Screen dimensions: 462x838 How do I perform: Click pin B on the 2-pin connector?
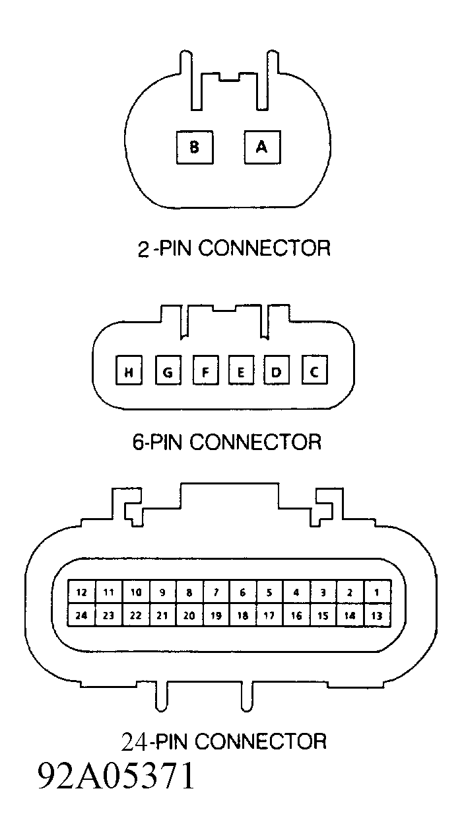pyautogui.click(x=195, y=147)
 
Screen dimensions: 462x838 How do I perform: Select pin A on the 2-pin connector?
pyautogui.click(x=262, y=147)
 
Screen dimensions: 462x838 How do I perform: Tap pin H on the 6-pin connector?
pyautogui.click(x=129, y=370)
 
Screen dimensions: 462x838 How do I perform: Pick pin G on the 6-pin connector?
pyautogui.click(x=168, y=370)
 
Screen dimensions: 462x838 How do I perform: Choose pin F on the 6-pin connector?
pyautogui.click(x=206, y=370)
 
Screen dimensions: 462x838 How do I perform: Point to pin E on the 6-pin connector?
pyautogui.click(x=241, y=370)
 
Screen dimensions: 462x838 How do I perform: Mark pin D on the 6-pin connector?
pyautogui.click(x=277, y=370)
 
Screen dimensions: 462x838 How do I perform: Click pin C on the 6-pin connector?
pyautogui.click(x=314, y=370)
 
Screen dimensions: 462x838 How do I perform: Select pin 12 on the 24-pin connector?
pyautogui.click(x=81, y=591)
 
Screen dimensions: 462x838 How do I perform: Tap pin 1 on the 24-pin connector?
pyautogui.click(x=378, y=591)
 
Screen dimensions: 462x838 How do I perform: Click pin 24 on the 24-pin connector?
pyautogui.click(x=81, y=615)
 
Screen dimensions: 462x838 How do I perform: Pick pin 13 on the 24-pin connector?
pyautogui.click(x=378, y=615)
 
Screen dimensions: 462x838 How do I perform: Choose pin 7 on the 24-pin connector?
pyautogui.click(x=216, y=591)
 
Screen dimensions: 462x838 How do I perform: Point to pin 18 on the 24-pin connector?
pyautogui.click(x=243, y=615)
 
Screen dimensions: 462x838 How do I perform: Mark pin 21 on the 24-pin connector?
pyautogui.click(x=162, y=615)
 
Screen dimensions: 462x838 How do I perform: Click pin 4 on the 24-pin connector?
pyautogui.click(x=296, y=591)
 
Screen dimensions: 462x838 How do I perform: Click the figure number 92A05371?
pyautogui.click(x=117, y=775)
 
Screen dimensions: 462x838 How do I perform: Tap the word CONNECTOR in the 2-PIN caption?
pyautogui.click(x=265, y=248)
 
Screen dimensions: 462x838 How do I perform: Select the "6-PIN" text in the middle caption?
pyautogui.click(x=157, y=442)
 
